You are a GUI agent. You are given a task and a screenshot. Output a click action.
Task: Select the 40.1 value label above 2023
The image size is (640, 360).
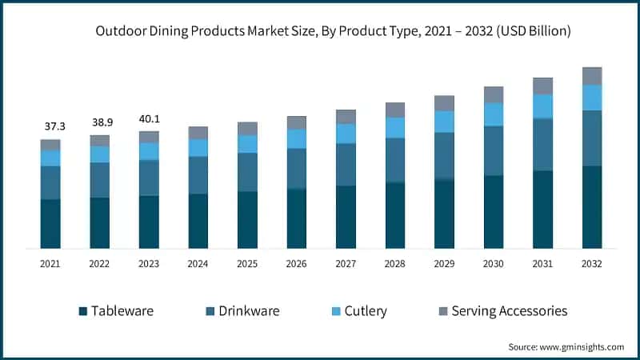coord(149,118)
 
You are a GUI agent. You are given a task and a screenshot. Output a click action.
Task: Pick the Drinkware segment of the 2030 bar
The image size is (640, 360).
coord(494,150)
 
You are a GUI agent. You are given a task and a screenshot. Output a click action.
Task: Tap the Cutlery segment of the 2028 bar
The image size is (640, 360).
coord(395,128)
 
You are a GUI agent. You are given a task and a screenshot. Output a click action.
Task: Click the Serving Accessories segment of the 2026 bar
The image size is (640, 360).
coord(297,122)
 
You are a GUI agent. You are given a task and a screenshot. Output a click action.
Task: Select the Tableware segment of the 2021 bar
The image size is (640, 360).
coord(50,223)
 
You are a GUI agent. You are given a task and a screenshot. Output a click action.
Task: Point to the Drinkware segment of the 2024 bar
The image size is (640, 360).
coord(198,174)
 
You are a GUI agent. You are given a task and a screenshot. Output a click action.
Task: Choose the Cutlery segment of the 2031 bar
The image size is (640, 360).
coord(542,106)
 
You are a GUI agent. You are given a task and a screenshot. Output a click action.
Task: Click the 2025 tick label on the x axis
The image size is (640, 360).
coord(247,263)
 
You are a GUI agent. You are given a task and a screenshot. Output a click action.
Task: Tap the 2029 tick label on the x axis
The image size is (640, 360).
coord(444,263)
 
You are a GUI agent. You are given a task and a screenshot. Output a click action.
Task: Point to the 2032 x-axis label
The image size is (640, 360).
coord(591,263)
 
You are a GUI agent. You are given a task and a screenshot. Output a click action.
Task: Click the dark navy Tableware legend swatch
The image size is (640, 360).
coord(82,311)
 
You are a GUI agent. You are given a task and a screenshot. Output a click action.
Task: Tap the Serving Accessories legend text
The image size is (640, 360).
coord(509,311)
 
